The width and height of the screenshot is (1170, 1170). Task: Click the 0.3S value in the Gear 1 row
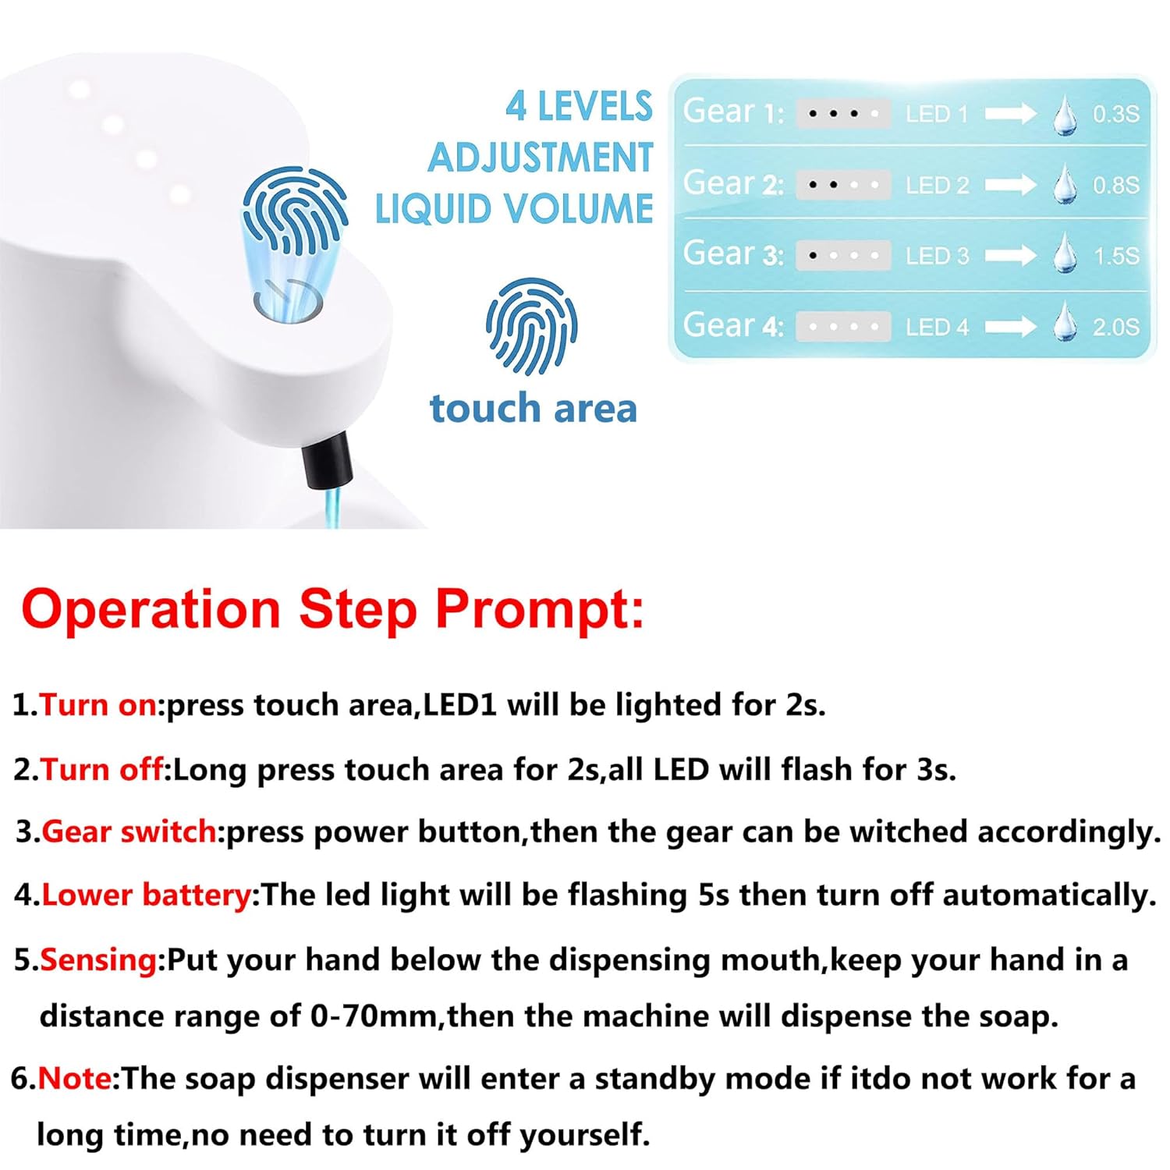[1115, 114]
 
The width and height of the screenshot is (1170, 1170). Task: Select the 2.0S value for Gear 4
[1115, 327]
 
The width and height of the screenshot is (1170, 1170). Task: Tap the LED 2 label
[937, 186]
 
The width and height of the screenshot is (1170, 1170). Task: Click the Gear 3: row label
[733, 254]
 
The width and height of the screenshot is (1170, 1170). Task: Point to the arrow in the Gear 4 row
[1010, 326]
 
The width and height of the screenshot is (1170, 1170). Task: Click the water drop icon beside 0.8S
[1065, 185]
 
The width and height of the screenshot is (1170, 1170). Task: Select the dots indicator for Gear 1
[843, 114]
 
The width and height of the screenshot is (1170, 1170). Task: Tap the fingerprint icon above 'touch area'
[532, 326]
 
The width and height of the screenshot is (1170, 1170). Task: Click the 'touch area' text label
[534, 409]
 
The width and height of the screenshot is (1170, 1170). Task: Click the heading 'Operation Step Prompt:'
[333, 609]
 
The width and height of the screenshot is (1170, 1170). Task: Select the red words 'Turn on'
[98, 705]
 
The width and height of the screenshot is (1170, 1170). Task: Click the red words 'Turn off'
[102, 770]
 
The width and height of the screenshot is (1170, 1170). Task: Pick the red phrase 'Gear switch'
[129, 832]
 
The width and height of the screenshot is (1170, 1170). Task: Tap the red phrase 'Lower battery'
[146, 895]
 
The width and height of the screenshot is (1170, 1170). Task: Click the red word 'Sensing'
[98, 960]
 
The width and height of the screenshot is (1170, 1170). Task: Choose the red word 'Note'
[75, 1079]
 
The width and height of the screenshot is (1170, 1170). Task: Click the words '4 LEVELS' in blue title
[579, 107]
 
